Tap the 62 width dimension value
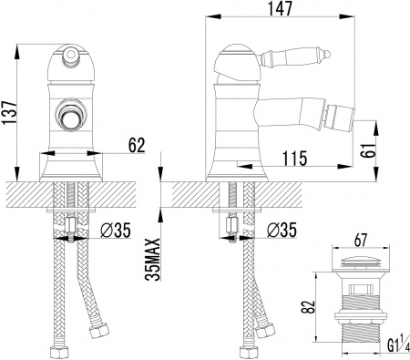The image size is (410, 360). (136, 143)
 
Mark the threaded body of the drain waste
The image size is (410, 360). (359, 310)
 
